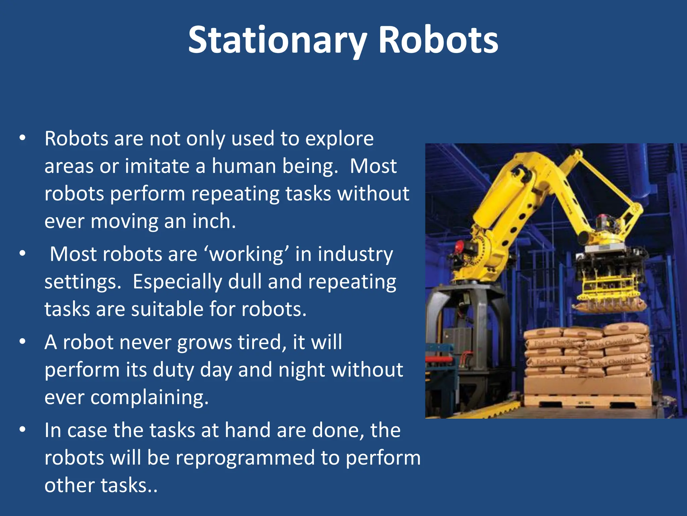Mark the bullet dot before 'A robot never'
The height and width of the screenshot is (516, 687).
point(22,342)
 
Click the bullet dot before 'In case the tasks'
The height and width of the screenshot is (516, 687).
point(22,430)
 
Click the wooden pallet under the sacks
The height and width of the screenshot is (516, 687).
point(587,401)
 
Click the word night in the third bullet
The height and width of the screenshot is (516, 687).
point(301,370)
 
